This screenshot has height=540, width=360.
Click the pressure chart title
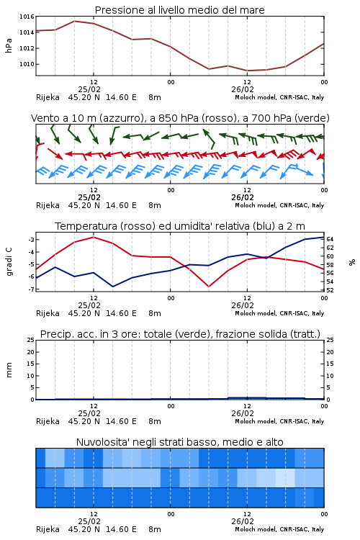[x=179, y=10]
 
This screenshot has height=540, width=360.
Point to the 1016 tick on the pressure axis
[x=27, y=17]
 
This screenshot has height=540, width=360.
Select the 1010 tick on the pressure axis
[x=27, y=64]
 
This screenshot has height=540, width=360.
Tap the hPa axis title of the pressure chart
[x=9, y=45]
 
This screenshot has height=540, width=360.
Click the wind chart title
[x=180, y=118]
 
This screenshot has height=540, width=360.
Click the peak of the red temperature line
[x=94, y=237]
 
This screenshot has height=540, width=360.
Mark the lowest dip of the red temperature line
[x=208, y=286]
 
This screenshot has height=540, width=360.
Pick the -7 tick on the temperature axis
[x=30, y=289]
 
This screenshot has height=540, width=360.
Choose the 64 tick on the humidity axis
[x=330, y=239]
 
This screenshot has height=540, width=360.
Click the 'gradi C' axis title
[x=9, y=261]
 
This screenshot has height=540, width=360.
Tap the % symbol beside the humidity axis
[x=352, y=262]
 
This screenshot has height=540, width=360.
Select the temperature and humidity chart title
[x=180, y=226]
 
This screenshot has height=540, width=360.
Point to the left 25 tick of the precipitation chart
[x=30, y=340]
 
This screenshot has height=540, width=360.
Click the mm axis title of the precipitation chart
[x=9, y=370]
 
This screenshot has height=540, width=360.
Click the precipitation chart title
[x=180, y=334]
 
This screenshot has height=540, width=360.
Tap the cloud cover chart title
[x=179, y=442]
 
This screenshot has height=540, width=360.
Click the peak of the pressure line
[x=75, y=21]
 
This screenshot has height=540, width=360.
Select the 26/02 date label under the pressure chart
[x=243, y=89]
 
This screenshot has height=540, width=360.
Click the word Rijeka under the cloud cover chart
[x=48, y=529]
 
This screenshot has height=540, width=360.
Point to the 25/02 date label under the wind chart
[x=89, y=198]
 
